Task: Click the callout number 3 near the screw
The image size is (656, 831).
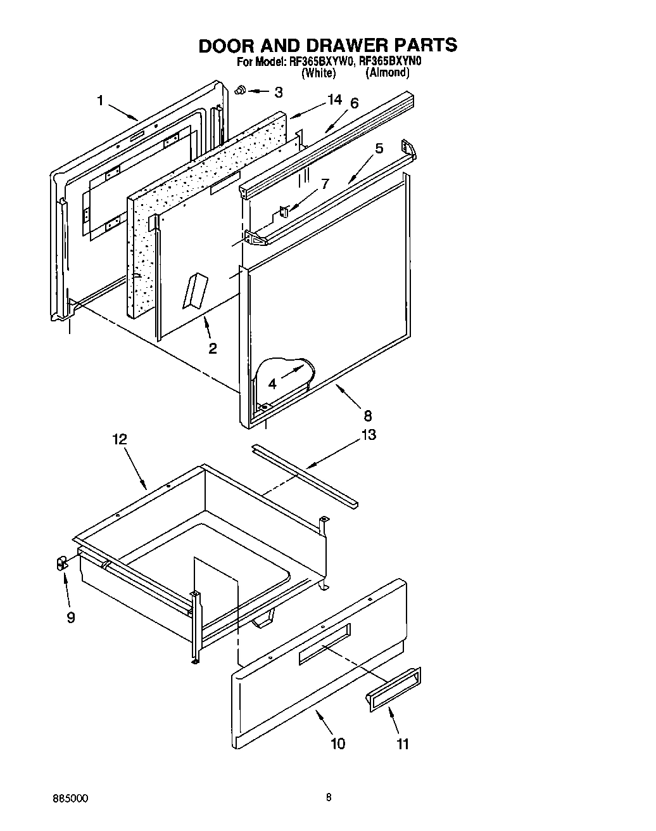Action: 279,92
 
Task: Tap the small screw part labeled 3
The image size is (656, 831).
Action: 241,91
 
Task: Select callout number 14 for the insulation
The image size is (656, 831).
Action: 334,100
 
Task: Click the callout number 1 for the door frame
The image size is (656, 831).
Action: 101,100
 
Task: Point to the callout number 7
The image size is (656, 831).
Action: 324,184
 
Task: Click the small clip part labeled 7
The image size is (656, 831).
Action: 284,211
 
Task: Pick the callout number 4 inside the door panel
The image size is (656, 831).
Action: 272,383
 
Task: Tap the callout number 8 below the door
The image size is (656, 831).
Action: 368,416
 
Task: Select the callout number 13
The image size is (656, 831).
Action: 368,435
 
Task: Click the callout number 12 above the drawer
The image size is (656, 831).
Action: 120,439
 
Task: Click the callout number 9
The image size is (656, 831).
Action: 71,617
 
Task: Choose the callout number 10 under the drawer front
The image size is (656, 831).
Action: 337,743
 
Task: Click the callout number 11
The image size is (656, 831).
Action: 403,744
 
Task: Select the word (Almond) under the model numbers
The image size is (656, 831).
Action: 387,73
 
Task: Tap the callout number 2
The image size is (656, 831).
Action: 213,348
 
